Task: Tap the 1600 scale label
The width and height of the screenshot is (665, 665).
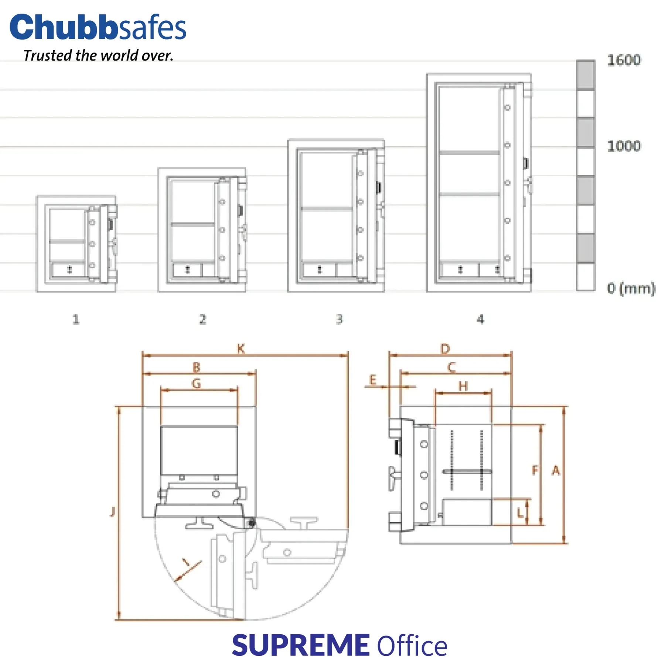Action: [624, 60]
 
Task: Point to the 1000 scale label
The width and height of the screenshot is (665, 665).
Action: [624, 146]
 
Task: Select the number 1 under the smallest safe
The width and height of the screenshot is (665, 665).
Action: [76, 319]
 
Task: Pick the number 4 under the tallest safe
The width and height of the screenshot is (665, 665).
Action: [480, 319]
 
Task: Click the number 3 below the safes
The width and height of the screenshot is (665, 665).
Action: [339, 319]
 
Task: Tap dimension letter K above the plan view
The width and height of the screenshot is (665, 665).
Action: [241, 348]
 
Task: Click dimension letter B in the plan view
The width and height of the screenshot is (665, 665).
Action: [197, 367]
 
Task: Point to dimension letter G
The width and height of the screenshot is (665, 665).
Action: [197, 384]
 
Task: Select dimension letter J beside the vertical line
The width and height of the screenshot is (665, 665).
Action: [113, 512]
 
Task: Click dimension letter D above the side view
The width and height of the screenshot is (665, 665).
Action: [445, 349]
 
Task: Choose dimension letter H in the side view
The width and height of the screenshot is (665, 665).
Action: [463, 386]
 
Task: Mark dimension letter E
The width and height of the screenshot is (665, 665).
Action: [373, 379]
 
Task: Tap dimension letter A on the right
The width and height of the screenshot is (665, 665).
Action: [556, 471]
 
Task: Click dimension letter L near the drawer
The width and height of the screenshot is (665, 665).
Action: [520, 513]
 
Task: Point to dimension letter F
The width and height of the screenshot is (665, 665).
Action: [535, 470]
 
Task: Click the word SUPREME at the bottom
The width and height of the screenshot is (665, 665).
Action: [301, 645]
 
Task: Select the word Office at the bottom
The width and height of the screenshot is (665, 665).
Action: [412, 646]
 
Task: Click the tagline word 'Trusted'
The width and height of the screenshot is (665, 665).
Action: [47, 55]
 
